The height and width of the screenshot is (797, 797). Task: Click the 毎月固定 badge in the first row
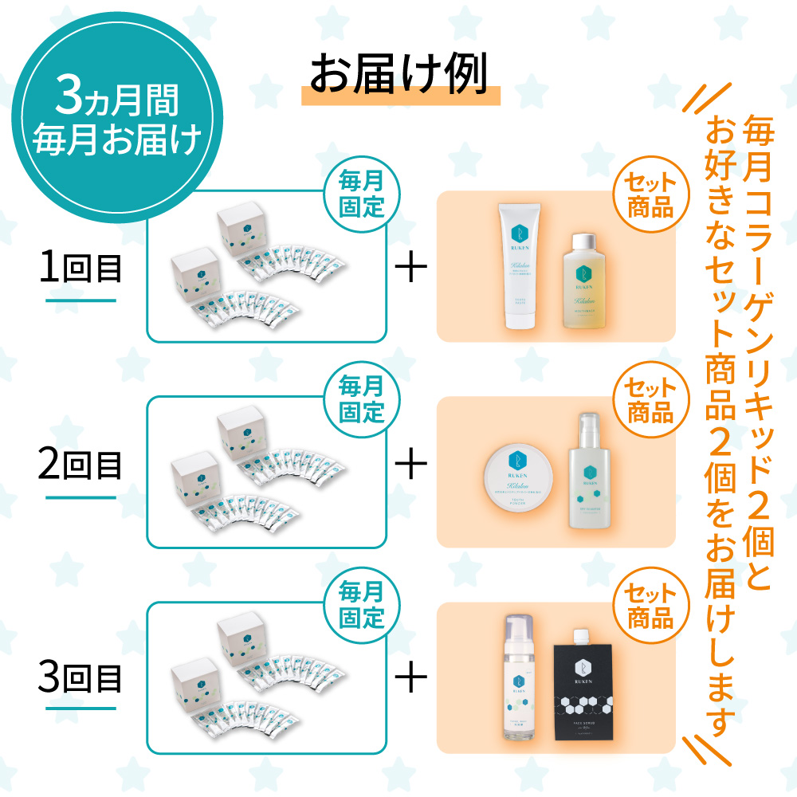[x=361, y=195]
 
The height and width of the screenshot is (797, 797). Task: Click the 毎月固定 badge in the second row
[x=361, y=401]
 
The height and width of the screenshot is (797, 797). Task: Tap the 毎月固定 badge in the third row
[x=361, y=606]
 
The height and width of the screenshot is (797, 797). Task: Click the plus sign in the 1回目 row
[x=411, y=269]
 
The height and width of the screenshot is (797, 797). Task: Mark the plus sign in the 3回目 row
[x=411, y=679]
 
